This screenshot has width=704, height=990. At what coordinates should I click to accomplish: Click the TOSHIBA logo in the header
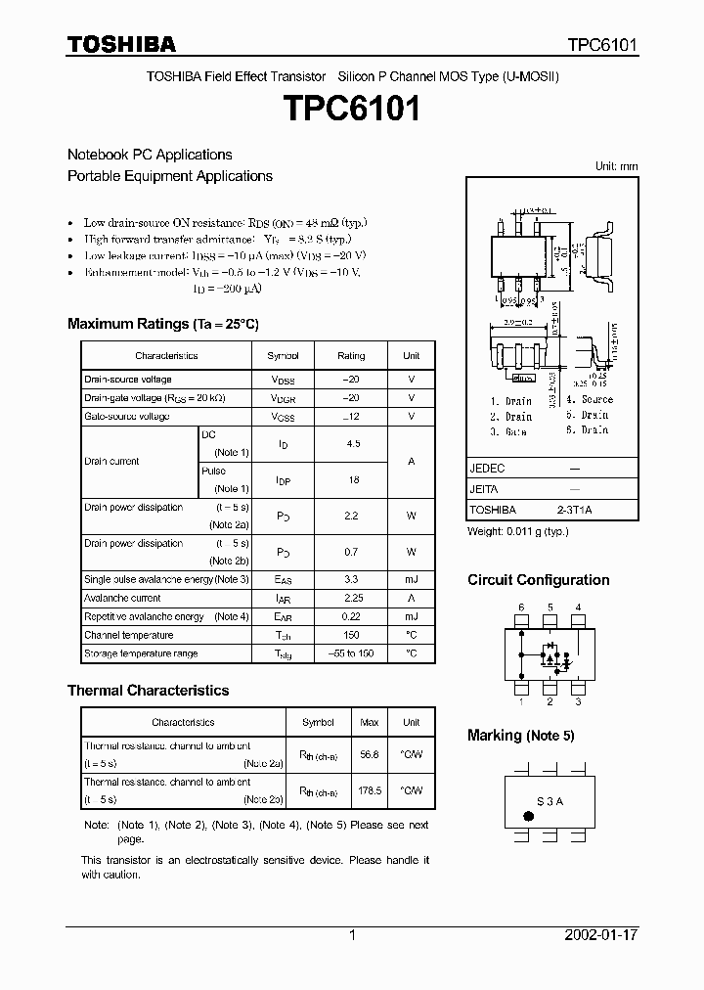121,44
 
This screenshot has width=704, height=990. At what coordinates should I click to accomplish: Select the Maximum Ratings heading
162,324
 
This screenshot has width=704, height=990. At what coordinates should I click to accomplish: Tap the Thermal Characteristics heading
148,690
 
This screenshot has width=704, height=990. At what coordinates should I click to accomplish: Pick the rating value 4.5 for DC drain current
352,443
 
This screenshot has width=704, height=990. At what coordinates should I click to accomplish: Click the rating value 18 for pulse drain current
352,480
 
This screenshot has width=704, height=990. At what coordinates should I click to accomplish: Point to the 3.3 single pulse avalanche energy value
352,580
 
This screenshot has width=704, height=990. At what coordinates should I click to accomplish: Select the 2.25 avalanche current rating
352,598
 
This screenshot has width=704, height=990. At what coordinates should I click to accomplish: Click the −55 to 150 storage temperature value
352,652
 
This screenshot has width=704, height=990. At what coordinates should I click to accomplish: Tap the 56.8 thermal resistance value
370,754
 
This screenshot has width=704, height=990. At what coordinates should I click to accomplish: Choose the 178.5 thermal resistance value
370,790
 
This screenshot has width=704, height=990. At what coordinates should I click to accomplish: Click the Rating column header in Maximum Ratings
351,356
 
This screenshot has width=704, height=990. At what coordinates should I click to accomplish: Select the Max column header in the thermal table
370,723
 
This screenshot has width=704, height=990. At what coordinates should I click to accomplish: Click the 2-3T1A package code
575,510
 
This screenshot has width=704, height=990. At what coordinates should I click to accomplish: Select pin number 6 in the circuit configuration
521,607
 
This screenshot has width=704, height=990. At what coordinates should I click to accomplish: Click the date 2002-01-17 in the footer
600,935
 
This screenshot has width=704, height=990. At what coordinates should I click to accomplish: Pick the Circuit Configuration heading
538,580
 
